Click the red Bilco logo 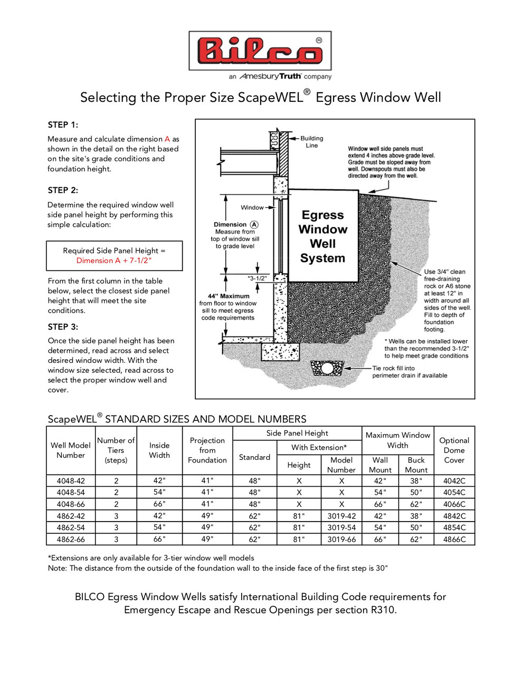coord(260,51)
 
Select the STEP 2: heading coord(63,190)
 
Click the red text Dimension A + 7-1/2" coord(114,261)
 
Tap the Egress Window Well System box coord(322,236)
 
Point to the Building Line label coord(311,142)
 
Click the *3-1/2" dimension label coord(257,278)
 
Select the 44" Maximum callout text coord(228,296)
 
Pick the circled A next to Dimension coord(254,225)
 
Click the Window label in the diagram coord(252,208)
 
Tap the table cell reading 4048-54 coord(71,493)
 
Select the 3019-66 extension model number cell coord(341,539)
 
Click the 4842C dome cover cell coord(454,516)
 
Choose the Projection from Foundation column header coord(207,450)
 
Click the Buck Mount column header coord(416,465)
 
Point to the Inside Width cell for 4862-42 coord(159,516)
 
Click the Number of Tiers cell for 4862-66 coord(116,539)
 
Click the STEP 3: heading coord(63,327)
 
